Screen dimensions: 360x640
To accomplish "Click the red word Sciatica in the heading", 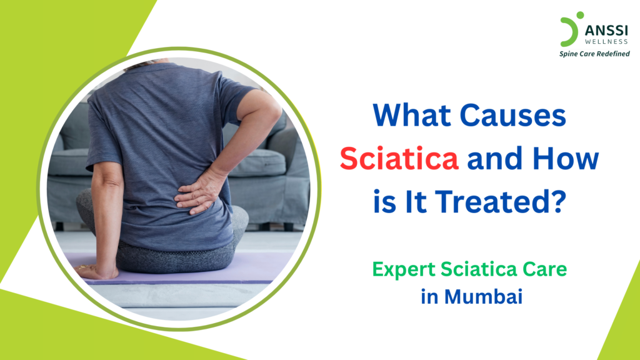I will point(399,160).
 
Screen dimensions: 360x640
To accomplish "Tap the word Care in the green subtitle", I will point(544,270).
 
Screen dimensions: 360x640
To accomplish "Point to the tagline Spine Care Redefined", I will point(594,54).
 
